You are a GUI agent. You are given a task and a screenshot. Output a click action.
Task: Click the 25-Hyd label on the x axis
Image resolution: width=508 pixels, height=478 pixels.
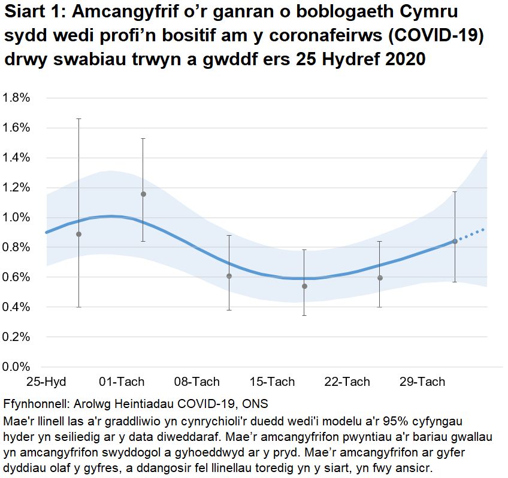coord(46,382)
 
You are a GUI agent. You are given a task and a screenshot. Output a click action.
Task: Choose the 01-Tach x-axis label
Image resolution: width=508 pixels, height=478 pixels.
coord(122,382)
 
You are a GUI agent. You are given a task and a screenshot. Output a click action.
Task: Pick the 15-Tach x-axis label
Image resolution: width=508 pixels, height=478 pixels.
coord(273,382)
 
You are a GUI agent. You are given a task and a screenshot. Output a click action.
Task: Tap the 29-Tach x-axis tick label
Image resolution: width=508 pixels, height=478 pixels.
coord(423,382)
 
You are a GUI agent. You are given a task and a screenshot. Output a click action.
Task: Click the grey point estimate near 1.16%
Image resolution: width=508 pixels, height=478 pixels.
coord(143,194)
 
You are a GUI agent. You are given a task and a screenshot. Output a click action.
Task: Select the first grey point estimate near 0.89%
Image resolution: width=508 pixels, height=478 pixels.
coord(78,234)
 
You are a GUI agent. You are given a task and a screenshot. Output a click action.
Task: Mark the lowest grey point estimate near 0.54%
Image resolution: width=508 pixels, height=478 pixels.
coord(304,286)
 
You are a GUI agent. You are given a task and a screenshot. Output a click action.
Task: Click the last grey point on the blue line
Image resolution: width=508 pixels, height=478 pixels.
coord(455,241)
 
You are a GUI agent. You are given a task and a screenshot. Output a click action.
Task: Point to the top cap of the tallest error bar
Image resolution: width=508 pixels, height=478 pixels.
coord(78,119)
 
